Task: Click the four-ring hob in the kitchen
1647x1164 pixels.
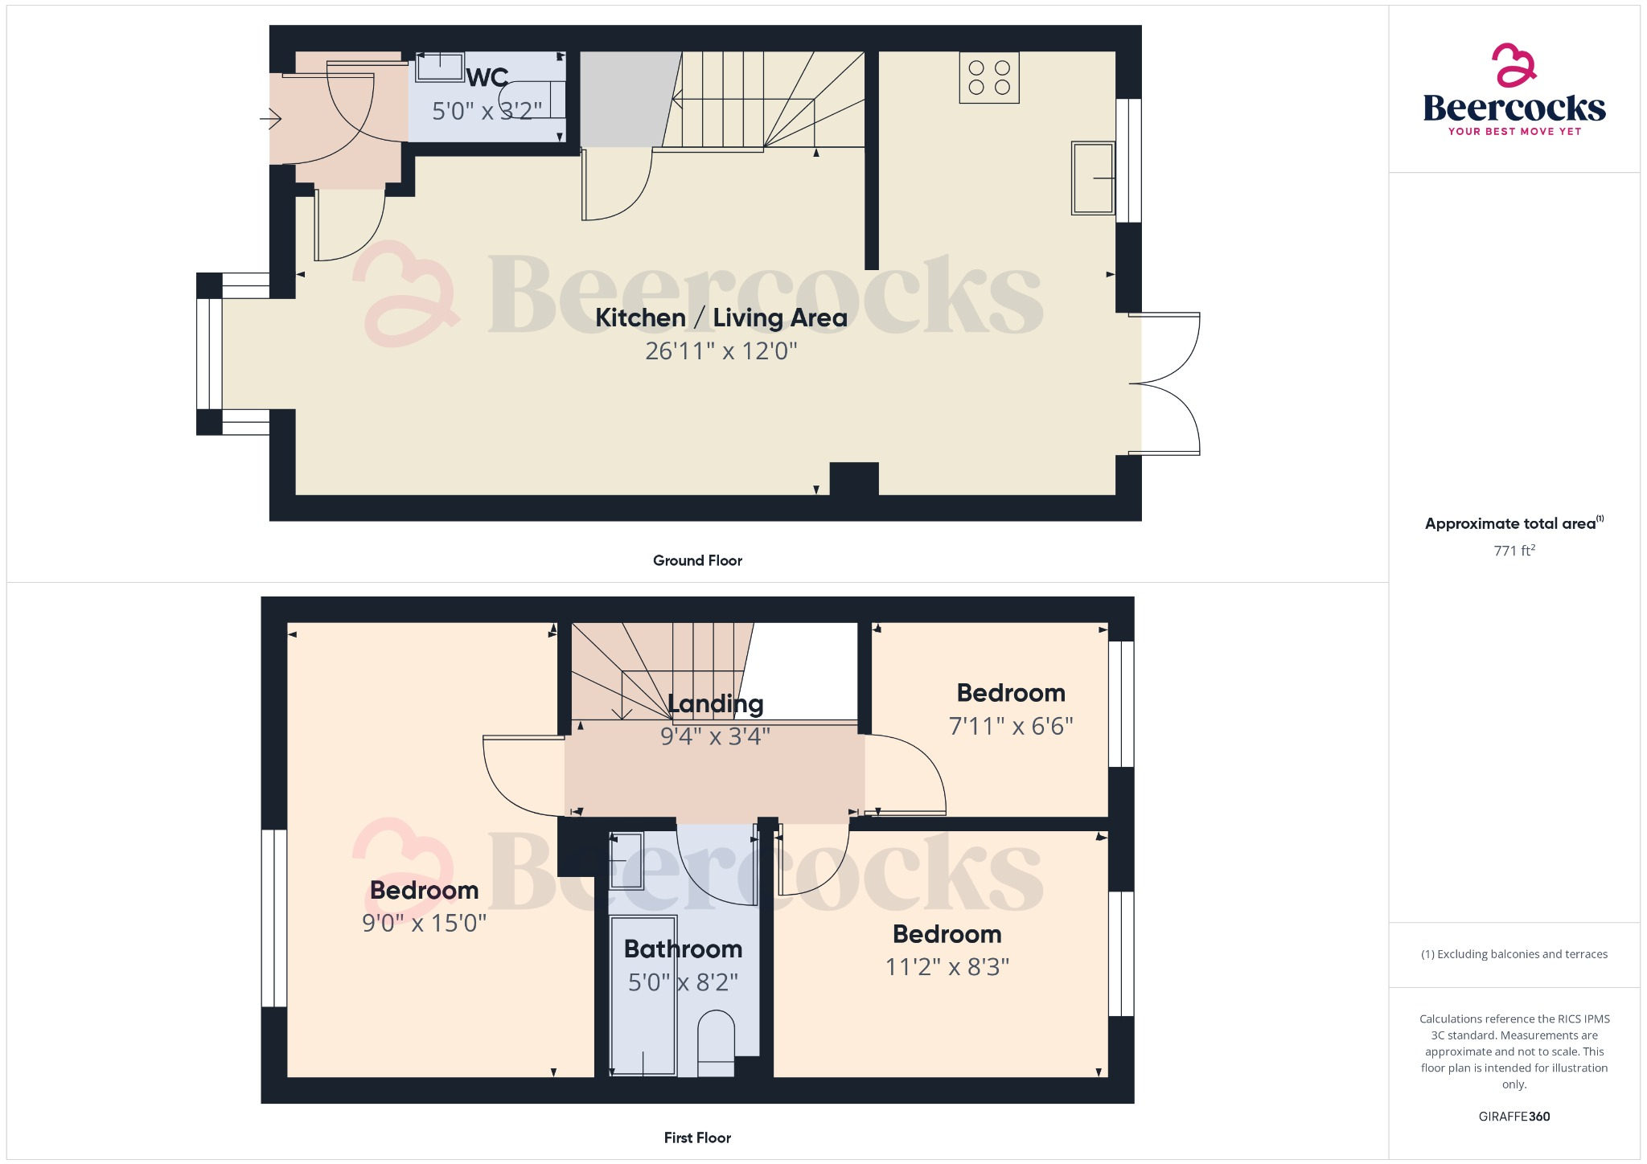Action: click(989, 78)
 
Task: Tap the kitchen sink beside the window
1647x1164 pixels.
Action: click(1093, 178)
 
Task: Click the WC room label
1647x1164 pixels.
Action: click(487, 78)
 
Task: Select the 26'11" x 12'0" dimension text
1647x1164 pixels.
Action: click(721, 351)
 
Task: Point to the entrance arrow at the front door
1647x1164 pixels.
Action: click(270, 120)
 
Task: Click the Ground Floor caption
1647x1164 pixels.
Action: click(697, 560)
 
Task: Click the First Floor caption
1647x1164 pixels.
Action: click(697, 1137)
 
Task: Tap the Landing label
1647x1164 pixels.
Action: click(715, 704)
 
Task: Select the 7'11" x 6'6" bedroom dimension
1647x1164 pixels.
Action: click(1011, 727)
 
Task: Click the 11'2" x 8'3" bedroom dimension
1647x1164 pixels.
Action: click(947, 966)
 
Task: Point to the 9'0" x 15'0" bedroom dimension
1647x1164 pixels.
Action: click(424, 923)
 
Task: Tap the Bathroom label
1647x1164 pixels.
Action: click(683, 949)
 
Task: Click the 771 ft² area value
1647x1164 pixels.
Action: click(1514, 551)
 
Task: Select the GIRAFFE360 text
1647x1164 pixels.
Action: click(1514, 1117)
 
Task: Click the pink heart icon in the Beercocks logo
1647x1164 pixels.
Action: click(1514, 65)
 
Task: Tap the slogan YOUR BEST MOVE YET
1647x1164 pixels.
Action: click(1514, 132)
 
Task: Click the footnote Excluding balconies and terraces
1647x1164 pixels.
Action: click(1514, 954)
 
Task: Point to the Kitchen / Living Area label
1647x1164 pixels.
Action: click(721, 318)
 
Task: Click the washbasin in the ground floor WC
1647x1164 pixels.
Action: click(440, 67)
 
